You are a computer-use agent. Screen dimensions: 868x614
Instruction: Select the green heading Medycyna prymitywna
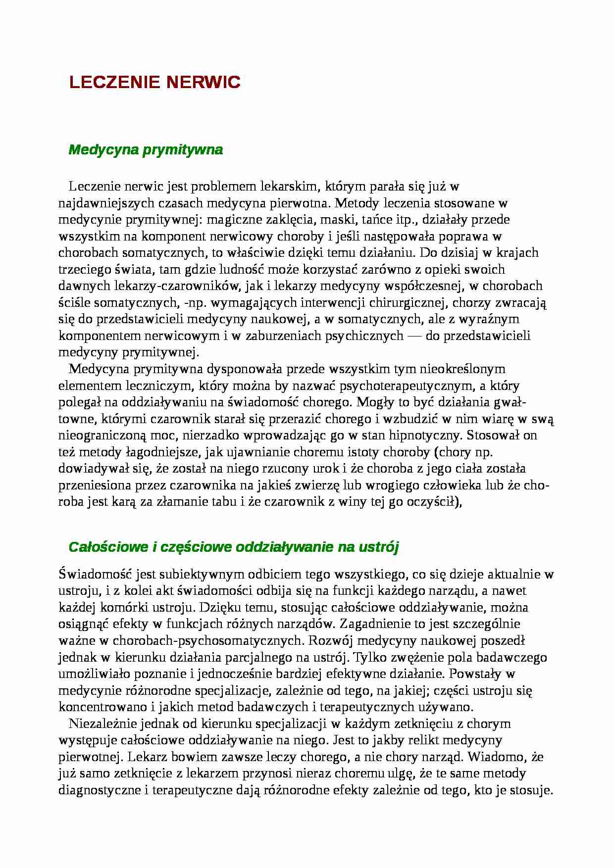pyautogui.click(x=146, y=150)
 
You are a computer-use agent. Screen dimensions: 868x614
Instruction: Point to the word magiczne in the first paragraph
pyautogui.click(x=231, y=220)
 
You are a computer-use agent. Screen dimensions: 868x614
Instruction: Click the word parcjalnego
pyautogui.click(x=262, y=658)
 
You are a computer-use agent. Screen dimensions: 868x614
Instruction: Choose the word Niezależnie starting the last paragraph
pyautogui.click(x=102, y=724)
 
